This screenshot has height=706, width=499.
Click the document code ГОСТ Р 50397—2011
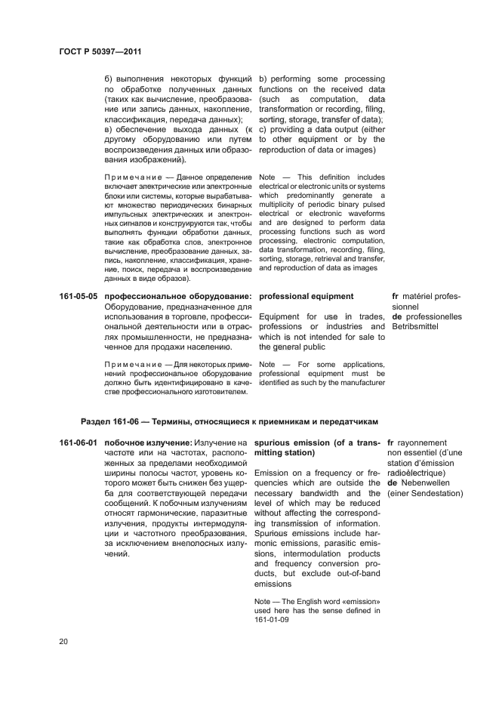pos(100,52)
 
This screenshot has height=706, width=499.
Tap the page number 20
pos(64,642)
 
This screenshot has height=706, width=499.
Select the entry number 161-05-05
pos(79,297)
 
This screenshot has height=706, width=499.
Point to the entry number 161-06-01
pos(79,442)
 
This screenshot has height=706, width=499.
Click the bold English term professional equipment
pos(306,297)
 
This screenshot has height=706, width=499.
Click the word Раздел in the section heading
pos(96,421)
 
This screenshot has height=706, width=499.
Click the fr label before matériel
pos(396,297)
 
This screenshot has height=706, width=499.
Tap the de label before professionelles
pos(397,317)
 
